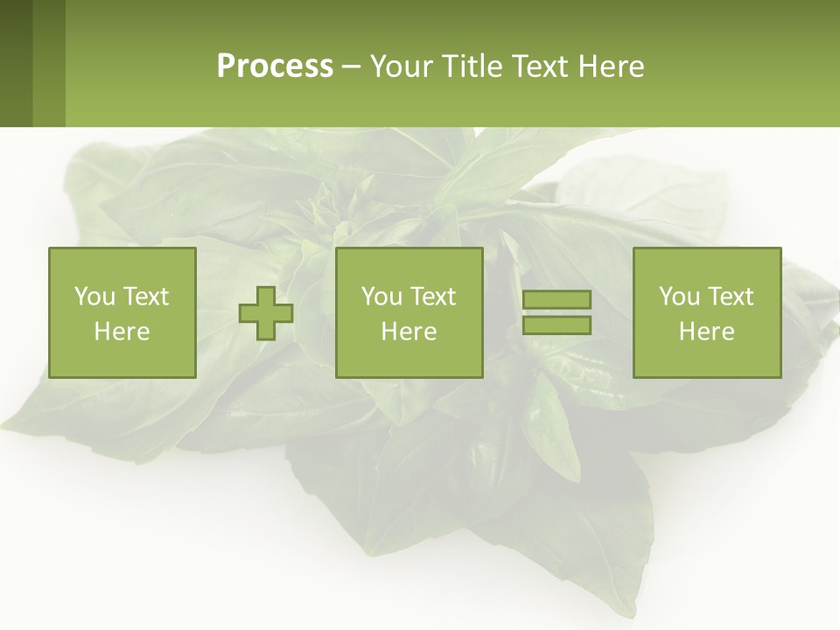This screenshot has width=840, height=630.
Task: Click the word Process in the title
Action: [x=275, y=66]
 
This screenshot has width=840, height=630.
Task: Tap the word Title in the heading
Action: [x=472, y=66]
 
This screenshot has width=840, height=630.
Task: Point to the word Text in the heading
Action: [x=539, y=66]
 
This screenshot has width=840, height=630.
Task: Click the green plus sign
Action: [x=266, y=313]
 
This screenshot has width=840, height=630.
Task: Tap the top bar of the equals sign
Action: [x=556, y=300]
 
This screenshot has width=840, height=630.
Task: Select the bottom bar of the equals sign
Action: [x=556, y=325]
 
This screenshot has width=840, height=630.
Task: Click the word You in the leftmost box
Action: [x=94, y=297]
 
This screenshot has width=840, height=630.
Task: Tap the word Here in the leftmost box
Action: [x=122, y=332]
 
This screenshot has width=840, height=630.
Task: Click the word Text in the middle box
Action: [x=434, y=297]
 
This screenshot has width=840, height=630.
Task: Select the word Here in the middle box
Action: [x=409, y=332]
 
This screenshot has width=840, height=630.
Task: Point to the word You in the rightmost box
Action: [x=679, y=297]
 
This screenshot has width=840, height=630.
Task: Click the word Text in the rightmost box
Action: [x=731, y=297]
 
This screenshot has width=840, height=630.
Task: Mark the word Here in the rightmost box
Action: [x=707, y=332]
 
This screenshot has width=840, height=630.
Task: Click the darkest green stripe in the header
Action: [x=16, y=63]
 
